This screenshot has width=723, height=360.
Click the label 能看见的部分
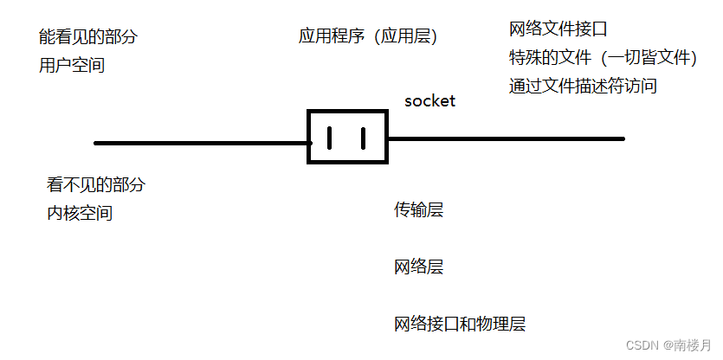(x=87, y=37)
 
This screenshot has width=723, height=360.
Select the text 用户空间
(x=72, y=65)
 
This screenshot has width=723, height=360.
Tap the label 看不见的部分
(x=96, y=184)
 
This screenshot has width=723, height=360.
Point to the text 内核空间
(x=80, y=213)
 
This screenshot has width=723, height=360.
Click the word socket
(x=429, y=101)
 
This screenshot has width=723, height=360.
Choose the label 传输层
(x=418, y=209)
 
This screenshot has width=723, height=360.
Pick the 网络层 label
(x=418, y=267)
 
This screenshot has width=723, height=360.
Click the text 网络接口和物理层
(x=460, y=325)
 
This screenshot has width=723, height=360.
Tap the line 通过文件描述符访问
(x=583, y=86)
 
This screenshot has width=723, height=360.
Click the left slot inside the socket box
(x=329, y=138)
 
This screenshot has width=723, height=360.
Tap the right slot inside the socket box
(x=363, y=138)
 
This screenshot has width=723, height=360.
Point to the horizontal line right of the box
(x=506, y=138)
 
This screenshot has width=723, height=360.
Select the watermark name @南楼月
(x=689, y=344)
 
